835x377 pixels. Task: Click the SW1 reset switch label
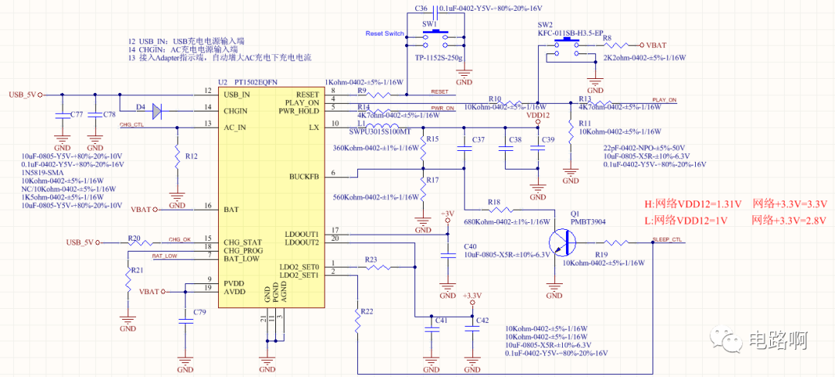[x=429, y=25]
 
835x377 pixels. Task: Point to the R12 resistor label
[x=193, y=156]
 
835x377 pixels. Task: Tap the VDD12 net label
[x=538, y=115]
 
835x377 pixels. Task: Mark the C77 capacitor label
[x=77, y=115]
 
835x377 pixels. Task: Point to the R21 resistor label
[x=137, y=270]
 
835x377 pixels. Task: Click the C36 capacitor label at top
[x=421, y=8]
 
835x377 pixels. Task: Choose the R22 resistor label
[x=367, y=310]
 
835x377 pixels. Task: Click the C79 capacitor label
[x=199, y=311]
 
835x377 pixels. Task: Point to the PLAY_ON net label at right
[x=664, y=100]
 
